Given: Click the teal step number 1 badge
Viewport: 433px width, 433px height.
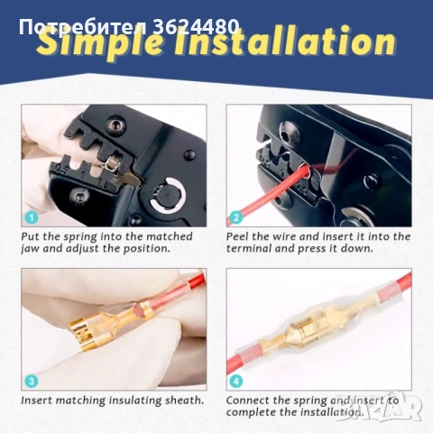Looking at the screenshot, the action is (x=32, y=217).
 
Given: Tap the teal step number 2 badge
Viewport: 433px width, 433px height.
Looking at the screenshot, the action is (x=236, y=217).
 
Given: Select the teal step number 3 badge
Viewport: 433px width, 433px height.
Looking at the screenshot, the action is (x=32, y=381).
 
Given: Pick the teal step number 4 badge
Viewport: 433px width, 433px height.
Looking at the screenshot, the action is (x=236, y=381).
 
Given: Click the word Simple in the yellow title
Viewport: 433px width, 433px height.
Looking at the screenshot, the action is (x=102, y=44).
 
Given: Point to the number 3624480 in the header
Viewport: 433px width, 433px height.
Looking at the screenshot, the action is (x=196, y=26).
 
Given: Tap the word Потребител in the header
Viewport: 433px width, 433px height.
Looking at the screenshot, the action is (x=83, y=27).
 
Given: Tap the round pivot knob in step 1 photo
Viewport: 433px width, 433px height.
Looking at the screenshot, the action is (x=167, y=194).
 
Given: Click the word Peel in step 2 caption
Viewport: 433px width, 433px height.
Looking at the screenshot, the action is (x=237, y=236).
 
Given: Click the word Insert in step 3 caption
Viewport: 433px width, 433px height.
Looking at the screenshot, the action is (x=36, y=401).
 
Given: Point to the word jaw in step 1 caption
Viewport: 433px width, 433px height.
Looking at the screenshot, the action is (x=30, y=249).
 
